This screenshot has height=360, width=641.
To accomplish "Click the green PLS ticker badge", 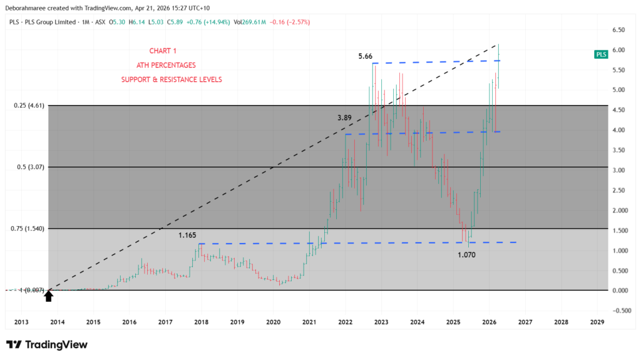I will pyautogui.click(x=601, y=54).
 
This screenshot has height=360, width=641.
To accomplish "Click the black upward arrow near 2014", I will pyautogui.click(x=48, y=296).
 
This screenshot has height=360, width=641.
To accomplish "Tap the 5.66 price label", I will pyautogui.click(x=365, y=56).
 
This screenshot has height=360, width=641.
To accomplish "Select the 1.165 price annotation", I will pyautogui.click(x=187, y=235).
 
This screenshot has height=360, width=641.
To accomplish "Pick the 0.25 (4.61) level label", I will pyautogui.click(x=29, y=106).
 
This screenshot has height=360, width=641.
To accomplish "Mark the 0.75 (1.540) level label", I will pyautogui.click(x=29, y=229).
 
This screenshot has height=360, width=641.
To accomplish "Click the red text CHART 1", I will pyautogui.click(x=163, y=51).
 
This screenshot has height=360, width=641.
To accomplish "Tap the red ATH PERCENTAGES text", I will pyautogui.click(x=165, y=65).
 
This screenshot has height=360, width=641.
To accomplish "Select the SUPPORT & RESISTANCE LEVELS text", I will pyautogui.click(x=171, y=80).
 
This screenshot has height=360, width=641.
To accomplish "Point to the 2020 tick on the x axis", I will pyautogui.click(x=274, y=322).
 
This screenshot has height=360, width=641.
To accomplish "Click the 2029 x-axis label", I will pyautogui.click(x=598, y=322).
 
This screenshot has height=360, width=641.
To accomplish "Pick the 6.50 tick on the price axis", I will pyautogui.click(x=621, y=30).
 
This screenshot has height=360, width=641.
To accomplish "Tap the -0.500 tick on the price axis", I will pyautogui.click(x=620, y=311).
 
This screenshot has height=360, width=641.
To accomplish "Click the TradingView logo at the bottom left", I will pyautogui.click(x=47, y=344).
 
